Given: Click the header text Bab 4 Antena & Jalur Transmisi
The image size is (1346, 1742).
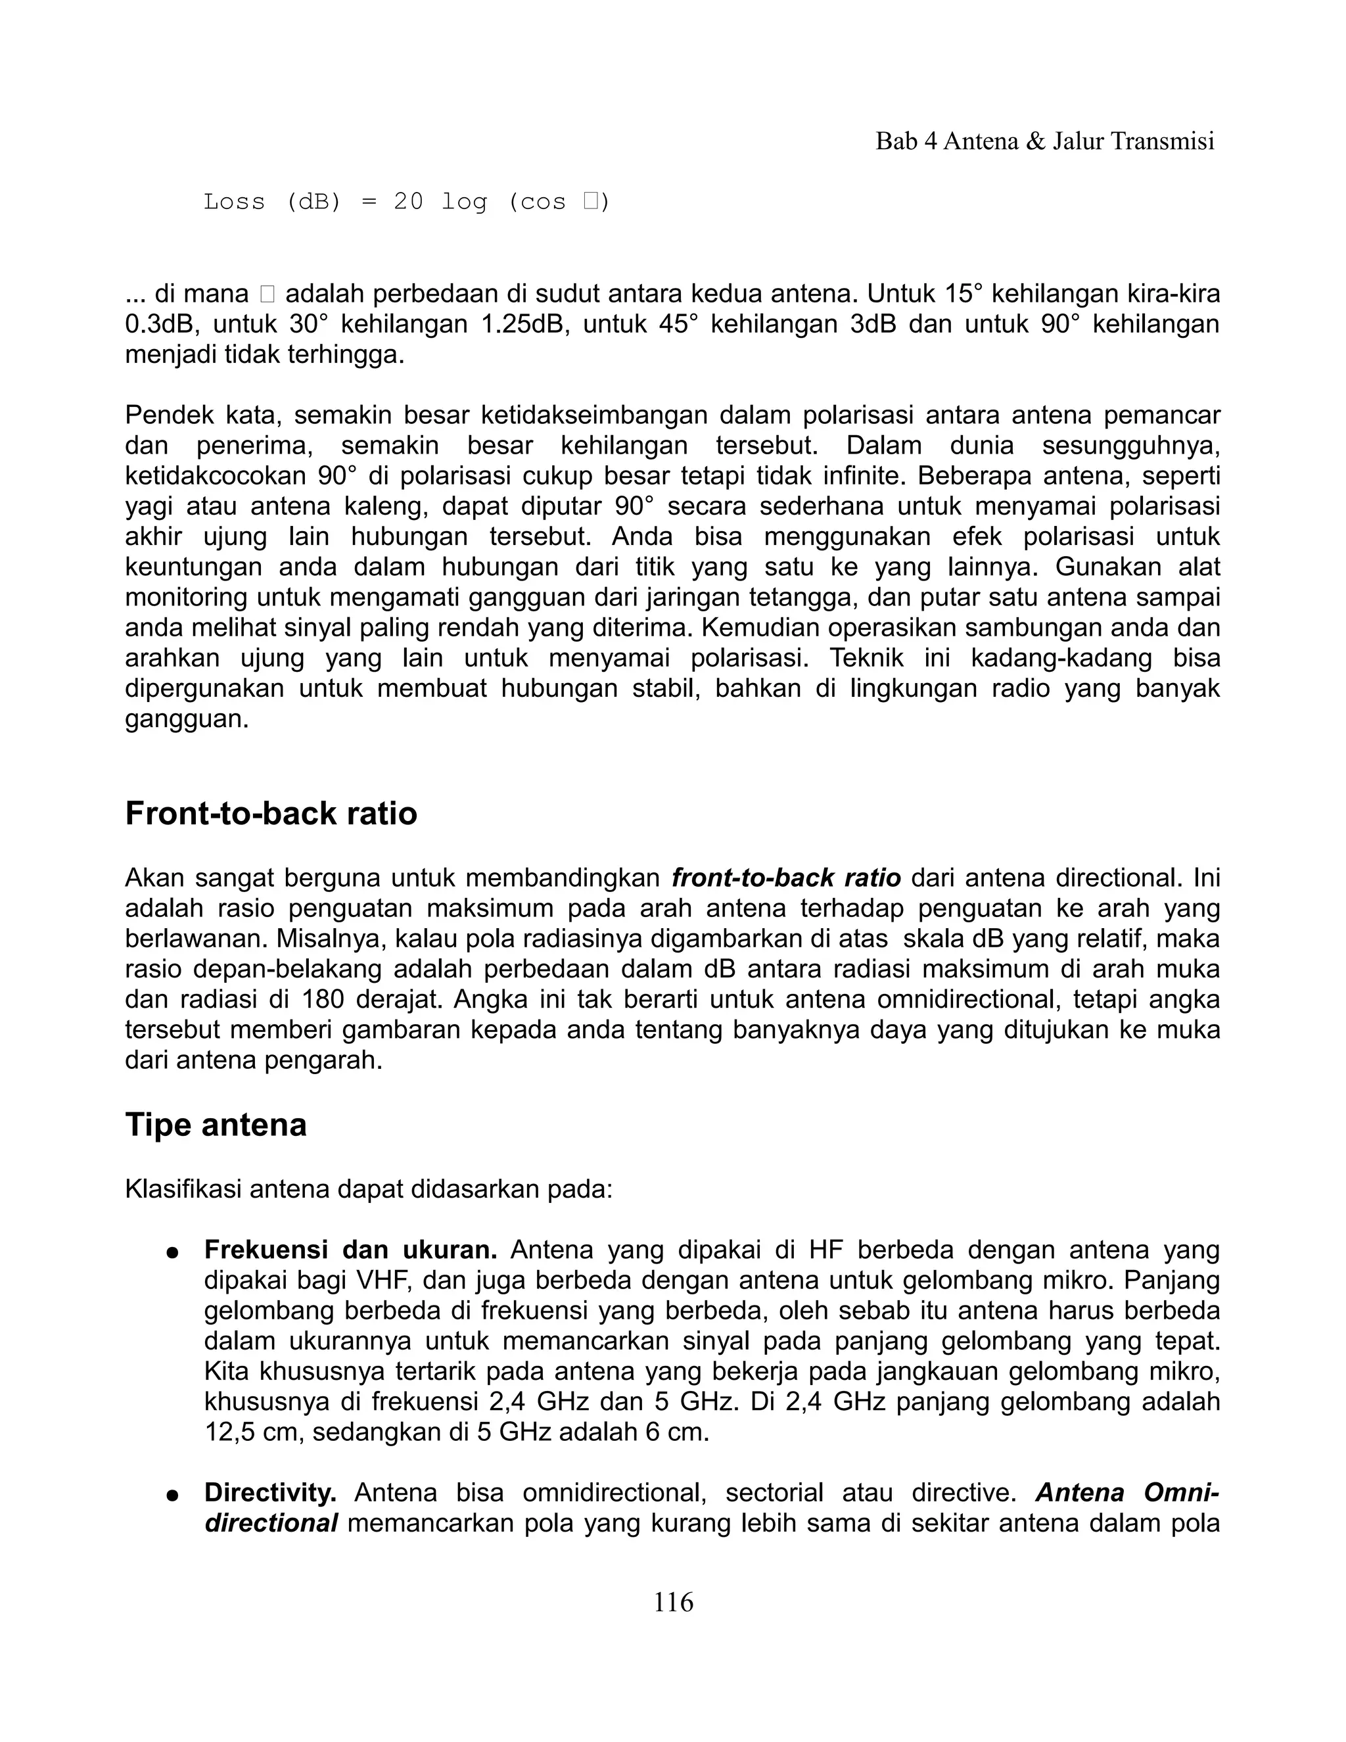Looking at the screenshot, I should click(x=1044, y=141).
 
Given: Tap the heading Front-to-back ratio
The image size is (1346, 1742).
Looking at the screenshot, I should click(x=271, y=814).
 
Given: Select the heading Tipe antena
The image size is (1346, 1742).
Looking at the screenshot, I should click(x=216, y=1125).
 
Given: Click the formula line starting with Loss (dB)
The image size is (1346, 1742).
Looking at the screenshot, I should click(x=407, y=202).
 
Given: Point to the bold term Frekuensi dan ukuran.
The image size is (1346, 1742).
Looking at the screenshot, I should click(x=351, y=1250).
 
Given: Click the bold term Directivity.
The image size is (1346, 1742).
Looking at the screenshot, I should click(x=270, y=1492).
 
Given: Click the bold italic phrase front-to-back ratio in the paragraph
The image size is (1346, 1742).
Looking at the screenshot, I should click(x=785, y=878).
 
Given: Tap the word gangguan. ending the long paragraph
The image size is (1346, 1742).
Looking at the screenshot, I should click(x=187, y=719).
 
